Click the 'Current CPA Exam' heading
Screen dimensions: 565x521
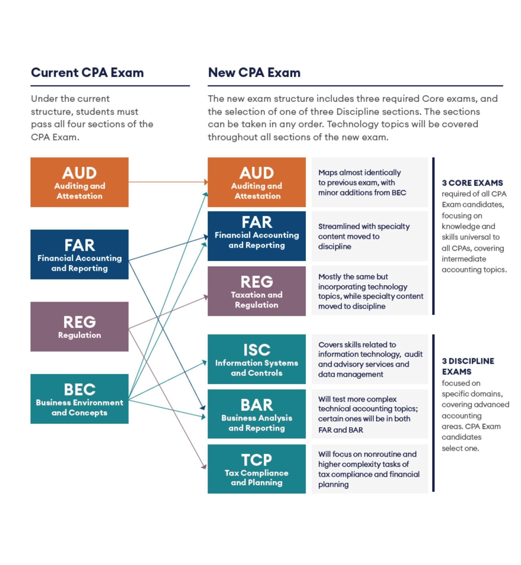pyautogui.click(x=87, y=72)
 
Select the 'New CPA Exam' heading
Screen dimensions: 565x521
pyautogui.click(x=254, y=72)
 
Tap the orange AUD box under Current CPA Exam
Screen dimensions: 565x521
pyautogui.click(x=79, y=182)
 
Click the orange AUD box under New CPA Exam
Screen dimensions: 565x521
pyautogui.click(x=256, y=182)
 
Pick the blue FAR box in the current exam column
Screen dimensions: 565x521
pyautogui.click(x=79, y=254)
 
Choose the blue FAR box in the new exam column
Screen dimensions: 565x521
pyautogui.click(x=256, y=236)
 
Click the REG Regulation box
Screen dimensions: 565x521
pyautogui.click(x=79, y=327)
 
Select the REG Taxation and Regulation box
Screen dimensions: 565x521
pyautogui.click(x=256, y=291)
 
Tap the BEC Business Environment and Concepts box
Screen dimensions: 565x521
pyautogui.click(x=79, y=399)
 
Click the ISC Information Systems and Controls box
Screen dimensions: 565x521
pyautogui.click(x=256, y=359)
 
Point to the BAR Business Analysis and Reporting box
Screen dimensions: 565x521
pyautogui.click(x=256, y=414)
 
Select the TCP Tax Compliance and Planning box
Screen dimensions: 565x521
pyautogui.click(x=256, y=469)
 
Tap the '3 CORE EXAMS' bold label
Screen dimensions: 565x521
pyautogui.click(x=472, y=183)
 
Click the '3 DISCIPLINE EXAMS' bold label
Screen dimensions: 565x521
pyautogui.click(x=467, y=366)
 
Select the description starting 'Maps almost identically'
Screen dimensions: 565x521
pyautogui.click(x=362, y=183)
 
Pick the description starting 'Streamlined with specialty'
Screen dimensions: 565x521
pyautogui.click(x=364, y=236)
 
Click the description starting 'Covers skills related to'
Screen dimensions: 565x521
pyautogui.click(x=370, y=359)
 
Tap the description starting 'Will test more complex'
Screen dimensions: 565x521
pyautogui.click(x=368, y=414)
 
